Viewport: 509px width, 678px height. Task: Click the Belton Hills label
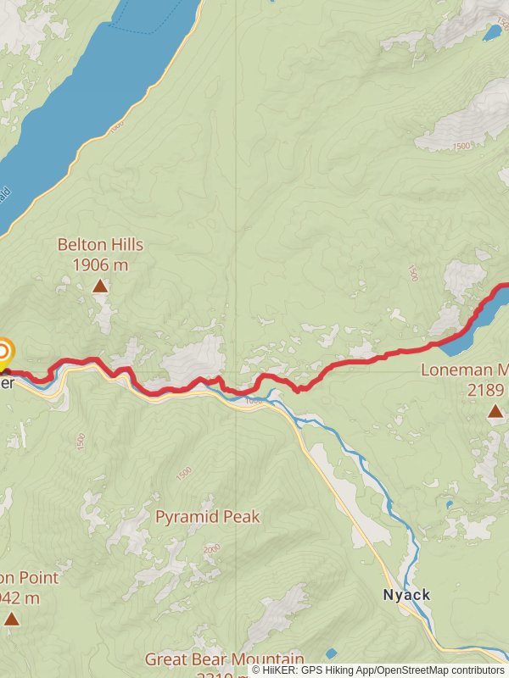(x=100, y=245)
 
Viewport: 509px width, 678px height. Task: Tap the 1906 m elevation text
(x=100, y=264)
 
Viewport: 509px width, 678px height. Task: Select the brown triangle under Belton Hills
(x=100, y=286)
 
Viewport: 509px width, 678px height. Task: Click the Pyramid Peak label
(x=208, y=517)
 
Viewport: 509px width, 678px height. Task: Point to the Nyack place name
(x=406, y=595)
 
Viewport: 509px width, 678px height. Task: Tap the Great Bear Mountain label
(x=224, y=659)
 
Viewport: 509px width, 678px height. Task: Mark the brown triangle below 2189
(x=495, y=411)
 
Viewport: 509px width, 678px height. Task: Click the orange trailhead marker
(x=4, y=351)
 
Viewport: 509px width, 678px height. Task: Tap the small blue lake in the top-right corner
(x=492, y=34)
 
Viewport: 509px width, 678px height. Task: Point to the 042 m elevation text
(x=20, y=598)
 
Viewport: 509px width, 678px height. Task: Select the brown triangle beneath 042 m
(x=11, y=620)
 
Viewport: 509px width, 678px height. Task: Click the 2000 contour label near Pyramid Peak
(x=211, y=550)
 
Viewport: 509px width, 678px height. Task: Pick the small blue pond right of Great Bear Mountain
(x=331, y=653)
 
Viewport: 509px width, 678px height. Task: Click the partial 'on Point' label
(x=30, y=578)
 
